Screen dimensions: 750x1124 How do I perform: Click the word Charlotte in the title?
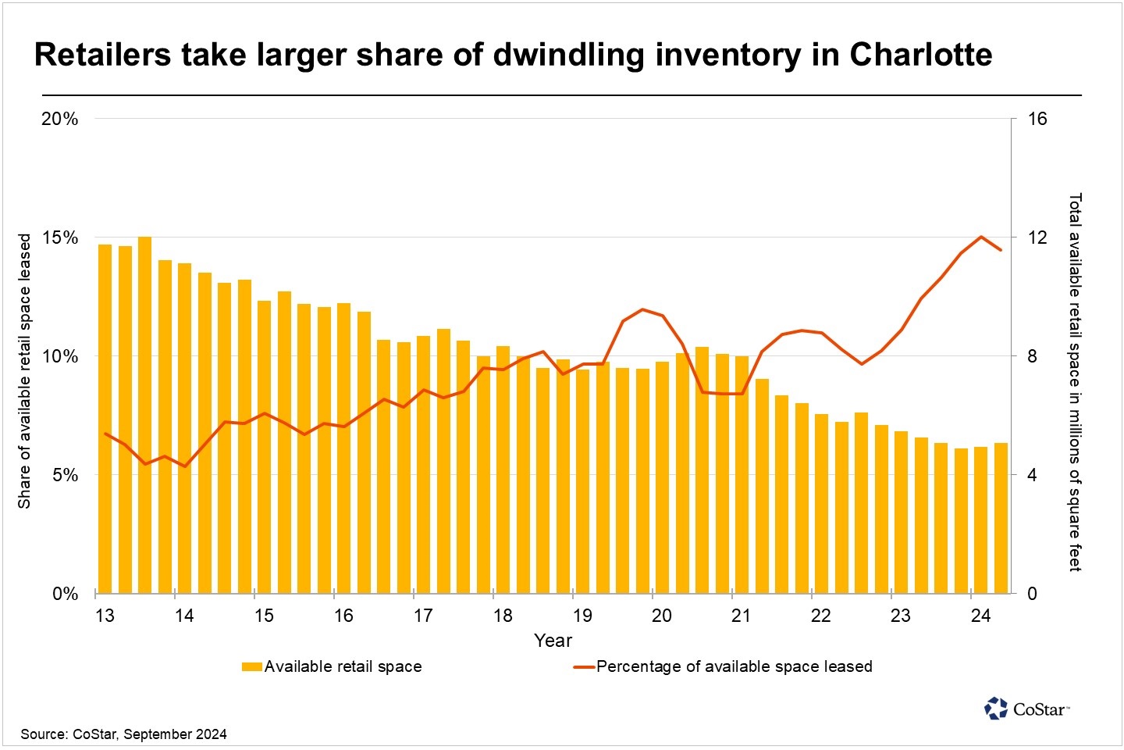pos(920,55)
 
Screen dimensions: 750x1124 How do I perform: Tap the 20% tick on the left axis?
pos(60,120)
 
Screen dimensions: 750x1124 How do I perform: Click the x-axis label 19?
pos(582,616)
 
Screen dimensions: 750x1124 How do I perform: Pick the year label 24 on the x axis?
pos(980,616)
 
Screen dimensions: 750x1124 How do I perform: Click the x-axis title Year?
pos(553,641)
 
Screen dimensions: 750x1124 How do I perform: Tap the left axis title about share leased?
pos(24,371)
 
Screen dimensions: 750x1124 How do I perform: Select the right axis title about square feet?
pos(1075,382)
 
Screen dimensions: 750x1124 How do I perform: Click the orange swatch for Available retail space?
pos(251,667)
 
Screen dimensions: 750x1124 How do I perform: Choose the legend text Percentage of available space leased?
pos(734,666)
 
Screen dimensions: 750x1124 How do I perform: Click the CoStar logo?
pos(1026,709)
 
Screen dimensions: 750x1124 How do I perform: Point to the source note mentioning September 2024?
pos(123,734)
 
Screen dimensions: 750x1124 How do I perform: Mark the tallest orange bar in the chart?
pos(144,414)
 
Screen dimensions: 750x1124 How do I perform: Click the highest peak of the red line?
pos(981,237)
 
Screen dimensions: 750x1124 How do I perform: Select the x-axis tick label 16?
pos(343,616)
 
